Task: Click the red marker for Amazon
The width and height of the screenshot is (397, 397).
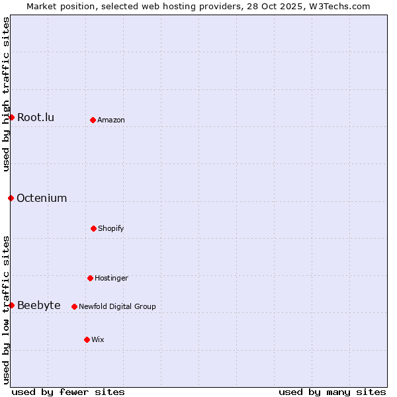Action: coord(93,120)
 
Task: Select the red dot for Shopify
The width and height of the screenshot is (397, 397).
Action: coord(93,228)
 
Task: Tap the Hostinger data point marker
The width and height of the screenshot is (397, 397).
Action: coord(90,278)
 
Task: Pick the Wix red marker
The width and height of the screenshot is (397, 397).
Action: coord(87,339)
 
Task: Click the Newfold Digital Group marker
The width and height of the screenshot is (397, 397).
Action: coord(74,306)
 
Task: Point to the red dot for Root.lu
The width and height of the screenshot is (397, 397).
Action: coord(11,117)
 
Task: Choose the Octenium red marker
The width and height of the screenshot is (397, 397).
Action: coord(11,198)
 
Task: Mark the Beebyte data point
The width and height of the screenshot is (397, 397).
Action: coord(11,305)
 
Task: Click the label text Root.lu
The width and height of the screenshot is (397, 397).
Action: coord(36,118)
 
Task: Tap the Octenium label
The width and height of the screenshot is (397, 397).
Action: coord(42,198)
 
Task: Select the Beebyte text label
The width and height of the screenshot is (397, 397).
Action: coord(38,306)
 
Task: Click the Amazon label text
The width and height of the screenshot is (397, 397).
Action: coord(111,120)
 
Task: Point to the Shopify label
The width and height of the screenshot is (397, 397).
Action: coord(111,229)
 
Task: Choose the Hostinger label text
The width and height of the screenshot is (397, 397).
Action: coord(111,279)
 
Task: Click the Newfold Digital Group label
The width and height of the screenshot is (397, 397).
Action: coord(117,307)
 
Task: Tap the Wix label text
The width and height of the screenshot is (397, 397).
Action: coord(98,340)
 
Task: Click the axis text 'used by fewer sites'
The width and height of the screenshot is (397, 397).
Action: coord(68,392)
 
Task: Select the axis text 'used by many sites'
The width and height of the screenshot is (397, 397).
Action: coord(332,392)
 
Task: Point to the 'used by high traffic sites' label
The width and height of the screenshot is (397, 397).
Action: coord(6,94)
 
